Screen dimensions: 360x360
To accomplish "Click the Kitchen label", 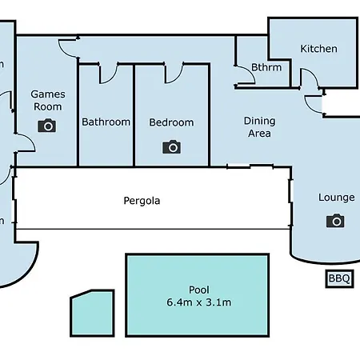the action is coord(318,49).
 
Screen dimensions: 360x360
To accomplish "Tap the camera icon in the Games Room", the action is coord(47,126).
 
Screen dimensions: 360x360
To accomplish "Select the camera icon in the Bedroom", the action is coord(171,146).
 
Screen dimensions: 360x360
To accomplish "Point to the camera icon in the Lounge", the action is coord(335,221).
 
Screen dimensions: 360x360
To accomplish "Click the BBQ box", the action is coord(339,278).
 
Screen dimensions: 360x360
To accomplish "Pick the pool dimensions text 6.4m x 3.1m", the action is coord(199,302).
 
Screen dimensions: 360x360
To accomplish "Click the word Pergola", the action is coord(142,201).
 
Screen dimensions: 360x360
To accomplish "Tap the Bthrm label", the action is coord(266,67).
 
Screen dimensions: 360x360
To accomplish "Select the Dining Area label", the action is coord(259,127).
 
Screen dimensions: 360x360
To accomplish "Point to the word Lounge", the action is coord(337,198).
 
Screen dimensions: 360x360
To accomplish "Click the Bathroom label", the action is coord(106,122).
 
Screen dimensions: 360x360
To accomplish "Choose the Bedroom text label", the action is coord(171,122).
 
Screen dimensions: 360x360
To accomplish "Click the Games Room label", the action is coord(48,100).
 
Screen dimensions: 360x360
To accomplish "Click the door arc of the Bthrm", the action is coord(250,73).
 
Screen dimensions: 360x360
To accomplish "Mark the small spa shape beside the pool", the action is coord(92,313).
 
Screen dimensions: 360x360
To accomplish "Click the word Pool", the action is coord(199,290).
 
